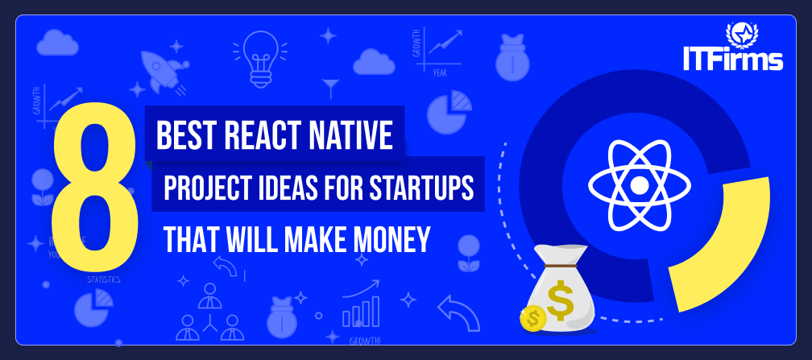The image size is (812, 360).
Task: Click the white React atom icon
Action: pos(639,185)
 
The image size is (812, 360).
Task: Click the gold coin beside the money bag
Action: pos(532,318)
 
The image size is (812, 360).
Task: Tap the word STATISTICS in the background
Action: pos(103,279)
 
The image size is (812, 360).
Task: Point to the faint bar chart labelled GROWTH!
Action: pos(360,310)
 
